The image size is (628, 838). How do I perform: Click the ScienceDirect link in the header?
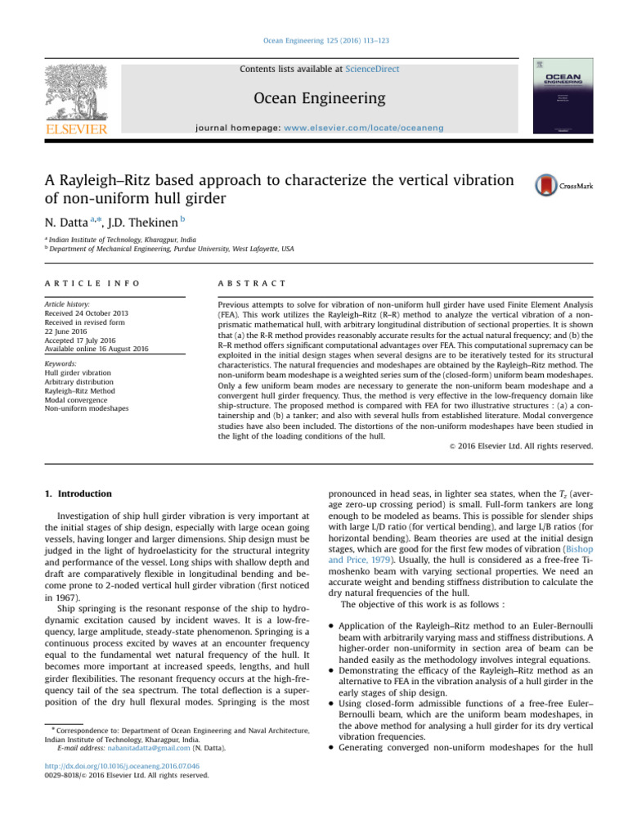[x=373, y=70]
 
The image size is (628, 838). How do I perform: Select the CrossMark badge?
[x=563, y=186]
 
